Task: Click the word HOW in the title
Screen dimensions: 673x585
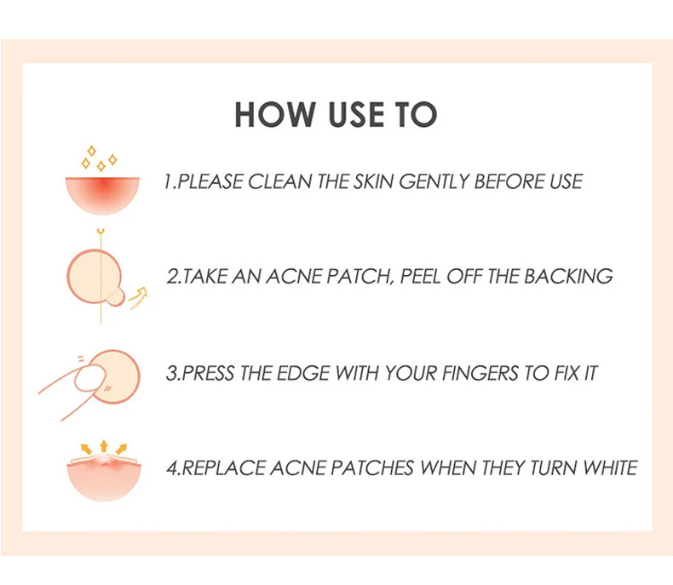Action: [x=274, y=114]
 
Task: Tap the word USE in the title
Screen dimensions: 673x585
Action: [x=356, y=114]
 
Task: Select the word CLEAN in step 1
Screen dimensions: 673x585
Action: [x=279, y=181]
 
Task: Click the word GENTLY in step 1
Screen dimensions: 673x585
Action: [x=434, y=181]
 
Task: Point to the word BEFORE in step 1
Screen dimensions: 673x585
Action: [x=509, y=181]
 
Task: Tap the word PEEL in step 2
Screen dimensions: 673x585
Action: [x=421, y=277]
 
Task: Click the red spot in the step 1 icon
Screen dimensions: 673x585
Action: [x=102, y=186]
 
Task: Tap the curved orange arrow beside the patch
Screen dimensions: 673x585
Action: [x=139, y=298]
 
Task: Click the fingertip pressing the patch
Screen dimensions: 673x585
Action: [x=90, y=378]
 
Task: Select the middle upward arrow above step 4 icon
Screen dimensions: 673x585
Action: [x=103, y=446]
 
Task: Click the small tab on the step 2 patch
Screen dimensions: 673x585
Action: [x=115, y=298]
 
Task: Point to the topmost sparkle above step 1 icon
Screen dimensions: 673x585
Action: [x=91, y=151]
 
